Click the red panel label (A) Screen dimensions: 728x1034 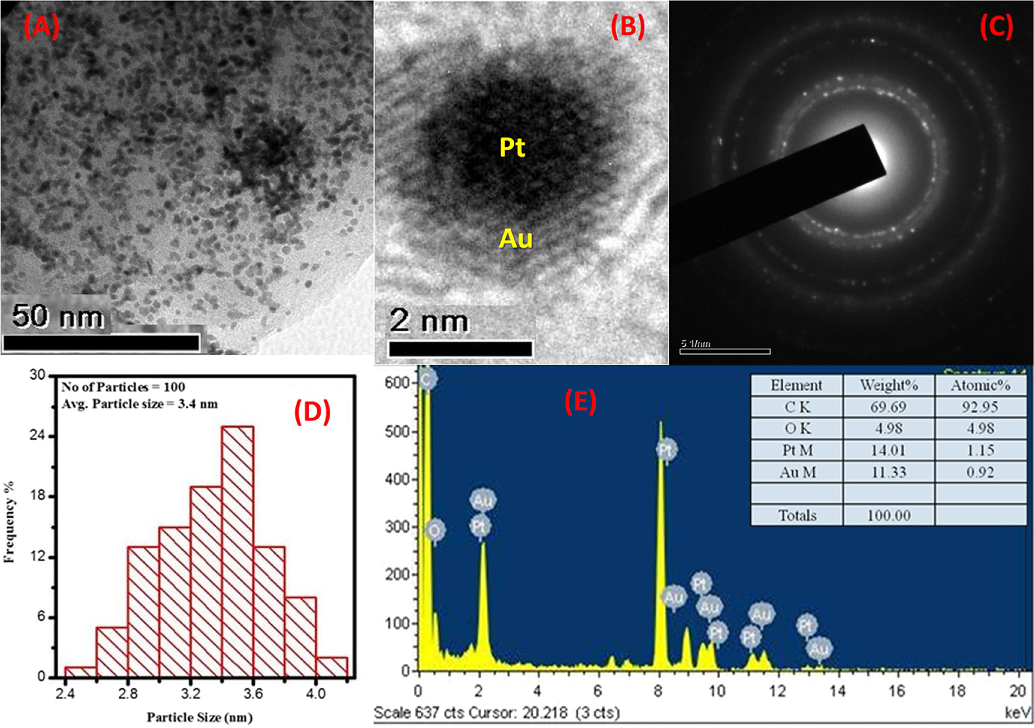pos(41,26)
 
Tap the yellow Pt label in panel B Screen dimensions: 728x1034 pos(512,147)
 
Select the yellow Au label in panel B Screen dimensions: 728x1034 pos(516,238)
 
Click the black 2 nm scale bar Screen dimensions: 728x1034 pos(460,349)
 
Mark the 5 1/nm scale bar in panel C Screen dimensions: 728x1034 pos(725,351)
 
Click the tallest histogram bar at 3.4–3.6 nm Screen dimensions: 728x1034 pos(237,550)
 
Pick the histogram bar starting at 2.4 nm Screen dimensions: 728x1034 pos(80,672)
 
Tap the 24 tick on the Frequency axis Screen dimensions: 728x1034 pos(37,436)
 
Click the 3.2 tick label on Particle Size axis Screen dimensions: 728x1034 pos(190,694)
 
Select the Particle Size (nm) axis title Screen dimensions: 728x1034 pos(199,718)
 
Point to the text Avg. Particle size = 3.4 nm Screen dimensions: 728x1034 pos(139,404)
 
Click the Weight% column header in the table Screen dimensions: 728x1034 pos(889,385)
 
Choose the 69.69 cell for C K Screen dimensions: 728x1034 pos(888,407)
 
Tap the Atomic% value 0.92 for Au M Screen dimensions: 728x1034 pos(980,472)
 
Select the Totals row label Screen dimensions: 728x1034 pos(797,515)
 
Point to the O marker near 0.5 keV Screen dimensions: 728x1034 pos(435,530)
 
